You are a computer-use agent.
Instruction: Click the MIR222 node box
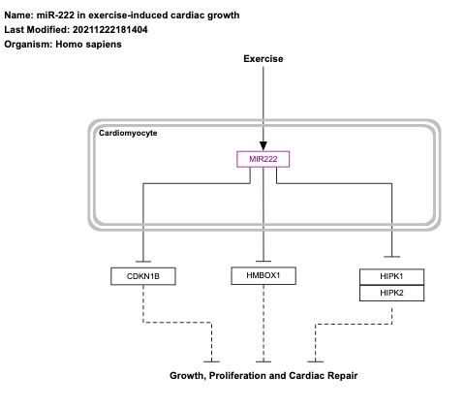point(263,159)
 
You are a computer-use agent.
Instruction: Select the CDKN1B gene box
point(142,277)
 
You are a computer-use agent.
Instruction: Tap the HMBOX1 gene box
point(263,276)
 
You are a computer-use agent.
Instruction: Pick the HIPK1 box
point(391,277)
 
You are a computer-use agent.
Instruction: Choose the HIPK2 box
point(391,293)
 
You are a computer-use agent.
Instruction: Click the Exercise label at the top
point(263,59)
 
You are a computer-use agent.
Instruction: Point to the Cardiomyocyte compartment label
point(128,133)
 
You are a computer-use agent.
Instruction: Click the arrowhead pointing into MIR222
point(263,145)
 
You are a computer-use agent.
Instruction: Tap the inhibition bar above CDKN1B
point(142,261)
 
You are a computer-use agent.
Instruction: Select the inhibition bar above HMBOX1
point(263,260)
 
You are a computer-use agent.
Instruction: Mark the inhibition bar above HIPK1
point(391,254)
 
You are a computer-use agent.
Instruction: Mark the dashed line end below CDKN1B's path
point(210,361)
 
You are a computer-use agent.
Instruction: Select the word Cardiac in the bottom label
point(305,374)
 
